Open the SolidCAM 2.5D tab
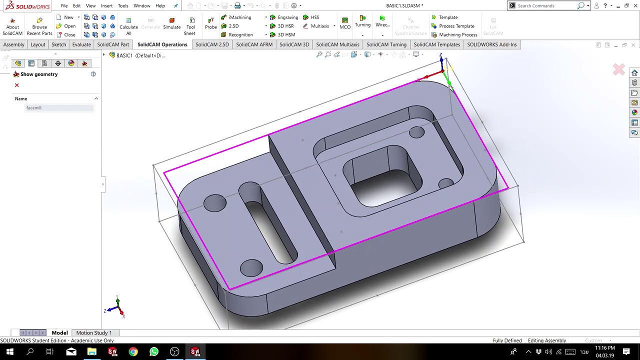pos(212,44)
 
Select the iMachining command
pos(239,17)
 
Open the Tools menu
pos(123,6)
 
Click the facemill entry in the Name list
pos(34,108)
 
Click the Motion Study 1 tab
pos(94,333)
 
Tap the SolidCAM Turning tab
pos(386,44)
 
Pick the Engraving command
pos(287,17)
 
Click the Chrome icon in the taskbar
pos(133,352)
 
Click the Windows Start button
pos(9,352)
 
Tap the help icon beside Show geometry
pos(93,74)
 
